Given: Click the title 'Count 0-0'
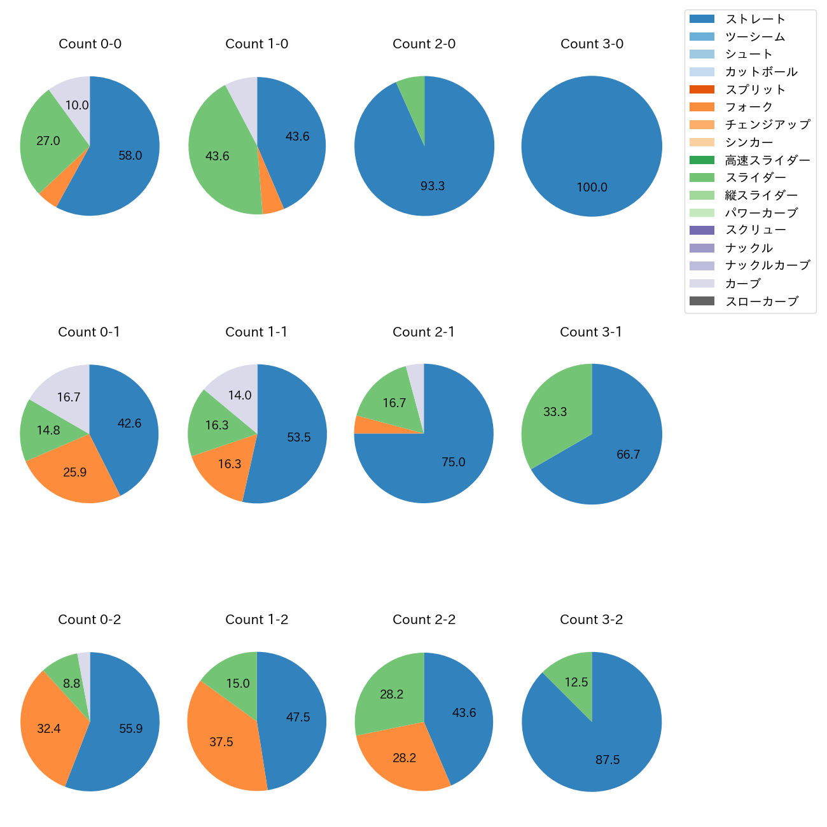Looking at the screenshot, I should pyautogui.click(x=90, y=44).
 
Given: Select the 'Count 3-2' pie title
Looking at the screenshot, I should pyautogui.click(x=591, y=620).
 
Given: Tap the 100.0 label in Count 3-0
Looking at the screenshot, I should pyautogui.click(x=592, y=188).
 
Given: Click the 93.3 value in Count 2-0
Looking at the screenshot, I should pyautogui.click(x=433, y=186).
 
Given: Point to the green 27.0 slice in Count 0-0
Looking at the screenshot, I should pyautogui.click(x=48, y=141).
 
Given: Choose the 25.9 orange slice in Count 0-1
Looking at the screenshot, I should pyautogui.click(x=74, y=473).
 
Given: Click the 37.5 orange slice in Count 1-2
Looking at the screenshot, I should pyautogui.click(x=221, y=742).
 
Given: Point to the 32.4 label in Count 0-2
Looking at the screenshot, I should pyautogui.click(x=49, y=729).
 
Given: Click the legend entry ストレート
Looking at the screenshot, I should pyautogui.click(x=755, y=19).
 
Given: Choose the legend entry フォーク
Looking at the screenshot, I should pyautogui.click(x=749, y=107).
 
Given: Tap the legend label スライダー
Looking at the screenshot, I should pyautogui.click(x=755, y=177).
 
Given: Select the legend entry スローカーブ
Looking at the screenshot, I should pyautogui.click(x=761, y=302).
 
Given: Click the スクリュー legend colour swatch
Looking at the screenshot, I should pyautogui.click(x=702, y=230).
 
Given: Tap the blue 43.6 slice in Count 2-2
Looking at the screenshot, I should pyautogui.click(x=464, y=712).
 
